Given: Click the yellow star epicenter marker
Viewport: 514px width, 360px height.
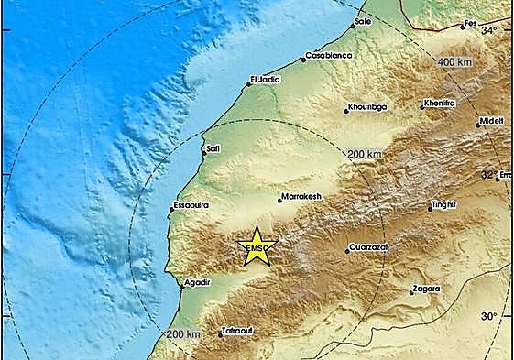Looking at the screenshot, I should [257, 246].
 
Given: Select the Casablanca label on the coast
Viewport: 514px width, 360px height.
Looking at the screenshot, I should [329, 56].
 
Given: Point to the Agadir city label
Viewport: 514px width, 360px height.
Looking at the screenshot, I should [198, 283].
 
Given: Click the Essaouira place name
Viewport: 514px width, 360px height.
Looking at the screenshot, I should [191, 205].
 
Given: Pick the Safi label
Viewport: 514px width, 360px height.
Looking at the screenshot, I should [213, 147].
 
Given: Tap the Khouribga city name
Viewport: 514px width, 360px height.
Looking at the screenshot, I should [368, 107].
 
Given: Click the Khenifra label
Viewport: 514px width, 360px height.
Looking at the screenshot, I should [440, 104].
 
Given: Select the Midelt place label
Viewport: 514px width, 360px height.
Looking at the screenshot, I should [491, 119].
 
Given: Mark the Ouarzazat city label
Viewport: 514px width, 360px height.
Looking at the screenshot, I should [373, 248].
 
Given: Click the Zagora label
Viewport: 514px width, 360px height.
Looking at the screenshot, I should [427, 289].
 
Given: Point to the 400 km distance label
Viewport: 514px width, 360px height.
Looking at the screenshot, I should [454, 61].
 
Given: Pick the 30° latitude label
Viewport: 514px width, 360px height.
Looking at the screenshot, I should [490, 316].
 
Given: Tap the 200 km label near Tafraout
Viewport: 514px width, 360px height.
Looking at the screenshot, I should [183, 336].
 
